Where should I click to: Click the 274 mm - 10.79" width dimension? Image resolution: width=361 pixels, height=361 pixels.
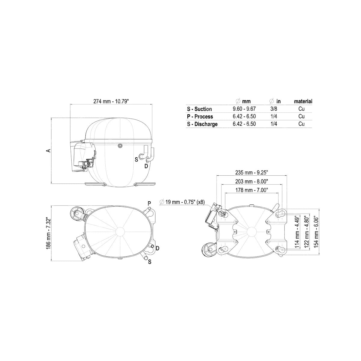[111, 101]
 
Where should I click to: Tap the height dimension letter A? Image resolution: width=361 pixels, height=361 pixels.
[49, 151]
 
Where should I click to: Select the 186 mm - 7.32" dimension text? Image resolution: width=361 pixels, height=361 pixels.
[48, 233]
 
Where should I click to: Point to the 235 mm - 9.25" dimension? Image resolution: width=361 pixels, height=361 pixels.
[251, 173]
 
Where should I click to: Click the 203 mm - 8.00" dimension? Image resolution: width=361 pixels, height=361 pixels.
[251, 181]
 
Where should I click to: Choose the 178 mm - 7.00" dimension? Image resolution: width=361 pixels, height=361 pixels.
[251, 190]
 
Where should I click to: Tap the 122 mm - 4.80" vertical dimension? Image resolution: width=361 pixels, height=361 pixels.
[306, 232]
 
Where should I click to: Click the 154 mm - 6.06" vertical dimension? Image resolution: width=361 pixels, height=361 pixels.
[316, 232]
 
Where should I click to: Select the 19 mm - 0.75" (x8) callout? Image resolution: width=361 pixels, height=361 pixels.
[182, 202]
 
